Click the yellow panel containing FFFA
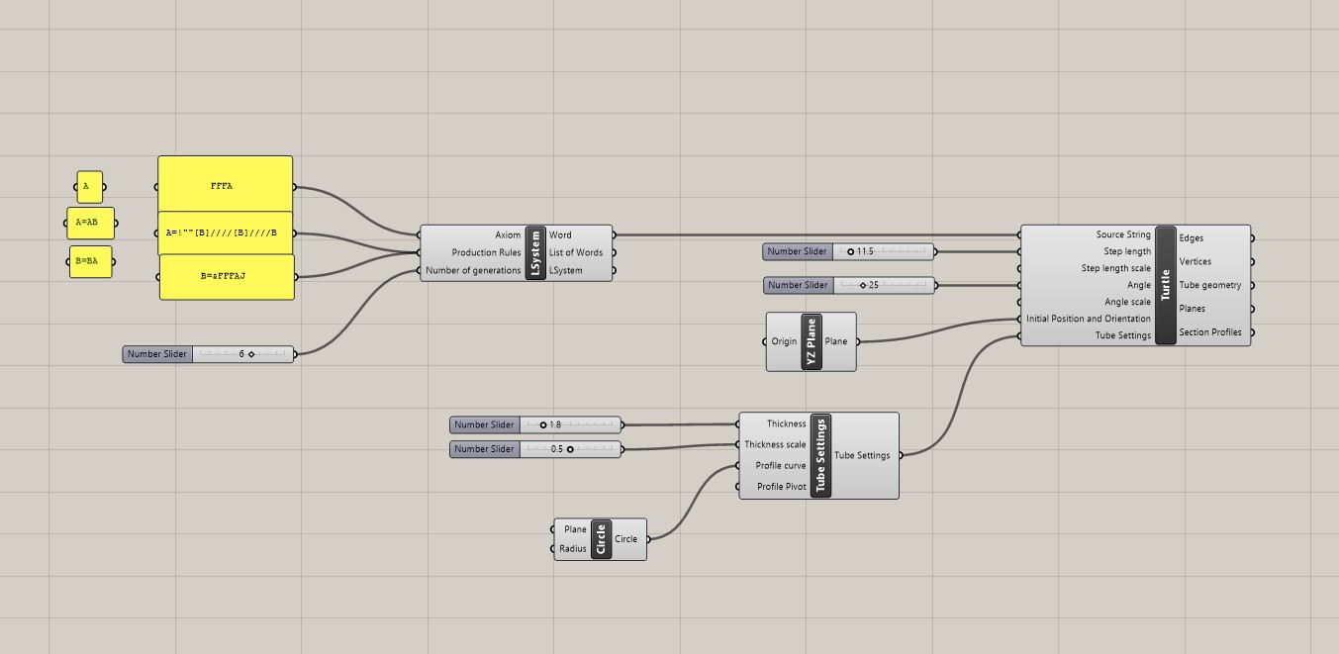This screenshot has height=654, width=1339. [x=225, y=185]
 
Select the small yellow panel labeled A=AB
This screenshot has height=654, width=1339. [x=90, y=224]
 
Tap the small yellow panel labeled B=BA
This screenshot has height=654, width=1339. [x=90, y=262]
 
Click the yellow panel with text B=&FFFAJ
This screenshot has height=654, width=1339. [x=227, y=276]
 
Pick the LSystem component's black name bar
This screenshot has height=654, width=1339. [x=535, y=253]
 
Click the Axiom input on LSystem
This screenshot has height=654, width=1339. [x=508, y=235]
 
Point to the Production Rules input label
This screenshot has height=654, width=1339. [x=486, y=253]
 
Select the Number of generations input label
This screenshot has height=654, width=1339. [x=473, y=271]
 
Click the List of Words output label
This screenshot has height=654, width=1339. [x=576, y=253]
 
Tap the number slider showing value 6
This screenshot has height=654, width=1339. [x=209, y=354]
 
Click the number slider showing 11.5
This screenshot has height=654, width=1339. [x=848, y=252]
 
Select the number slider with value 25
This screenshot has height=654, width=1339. [x=848, y=286]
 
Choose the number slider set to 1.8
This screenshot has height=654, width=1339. [x=535, y=425]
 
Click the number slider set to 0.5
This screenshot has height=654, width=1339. [x=535, y=449]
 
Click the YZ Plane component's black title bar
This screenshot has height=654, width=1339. [x=812, y=341]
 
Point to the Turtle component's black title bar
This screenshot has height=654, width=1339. [x=1165, y=285]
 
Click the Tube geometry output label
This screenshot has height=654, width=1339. [x=1209, y=286]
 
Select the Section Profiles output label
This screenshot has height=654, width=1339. [x=1209, y=332]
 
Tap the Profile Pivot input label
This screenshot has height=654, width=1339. [x=781, y=487]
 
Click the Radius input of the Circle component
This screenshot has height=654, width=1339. [x=573, y=549]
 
